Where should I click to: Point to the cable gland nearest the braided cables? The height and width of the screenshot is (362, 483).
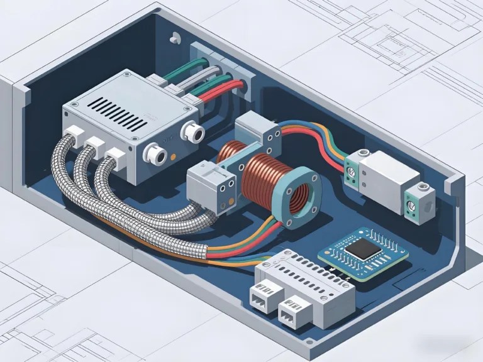click(152, 153)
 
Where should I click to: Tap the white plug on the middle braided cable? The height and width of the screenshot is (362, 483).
click(95, 145)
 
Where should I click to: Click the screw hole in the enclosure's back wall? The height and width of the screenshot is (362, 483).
click(171, 39)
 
